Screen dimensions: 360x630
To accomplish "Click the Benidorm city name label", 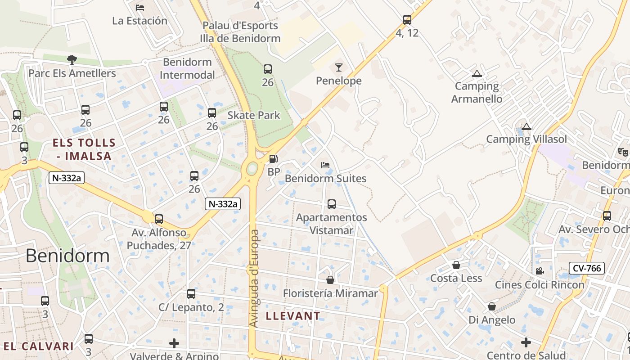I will pos(67,256).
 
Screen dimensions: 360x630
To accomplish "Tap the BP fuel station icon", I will pos(273,159).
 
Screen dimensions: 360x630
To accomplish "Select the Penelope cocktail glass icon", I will pos(339,67).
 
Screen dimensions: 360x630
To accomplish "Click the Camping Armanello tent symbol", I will pos(477,73).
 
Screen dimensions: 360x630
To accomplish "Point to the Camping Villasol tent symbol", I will pos(526,126).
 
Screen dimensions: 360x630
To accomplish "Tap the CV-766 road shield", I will pos(587,269).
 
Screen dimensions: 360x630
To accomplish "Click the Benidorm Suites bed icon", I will pos(325,165).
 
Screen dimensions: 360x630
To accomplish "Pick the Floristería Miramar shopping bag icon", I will pos(330,280).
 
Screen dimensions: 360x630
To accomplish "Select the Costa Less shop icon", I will pos(456,265).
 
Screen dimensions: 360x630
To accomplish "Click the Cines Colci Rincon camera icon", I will pos(539,271).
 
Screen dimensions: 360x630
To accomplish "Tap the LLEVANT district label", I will pos(293,316).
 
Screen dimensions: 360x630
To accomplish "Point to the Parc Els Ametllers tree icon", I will pos(72,59).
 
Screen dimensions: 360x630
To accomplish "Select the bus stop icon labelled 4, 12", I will pos(407,20).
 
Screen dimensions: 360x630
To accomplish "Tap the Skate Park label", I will pos(254,115).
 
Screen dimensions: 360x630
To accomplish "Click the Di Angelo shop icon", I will pos(492,307).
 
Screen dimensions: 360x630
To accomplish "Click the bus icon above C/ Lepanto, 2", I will pos(191,294).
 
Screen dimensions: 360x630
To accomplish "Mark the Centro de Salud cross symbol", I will pos(526,343).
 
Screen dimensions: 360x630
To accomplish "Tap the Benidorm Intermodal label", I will pos(188,68).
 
